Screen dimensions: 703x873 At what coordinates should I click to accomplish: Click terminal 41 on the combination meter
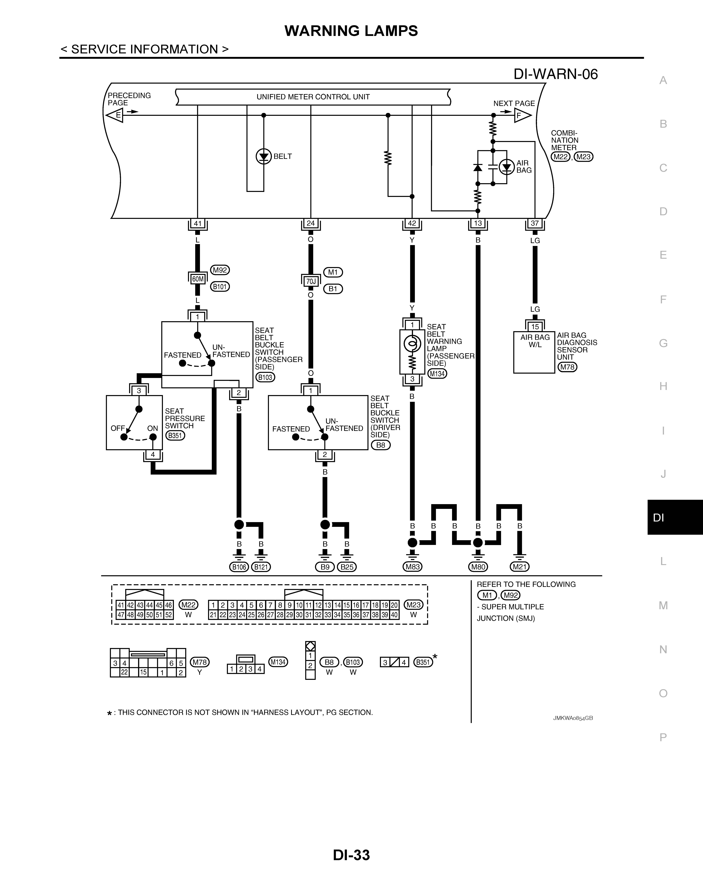click(x=198, y=223)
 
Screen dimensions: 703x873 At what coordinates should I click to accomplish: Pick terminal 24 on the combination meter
click(x=311, y=223)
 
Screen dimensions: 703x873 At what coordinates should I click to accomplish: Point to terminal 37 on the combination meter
click(x=535, y=223)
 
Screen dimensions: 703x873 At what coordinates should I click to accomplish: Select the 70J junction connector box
click(x=311, y=281)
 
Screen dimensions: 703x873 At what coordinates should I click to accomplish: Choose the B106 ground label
click(x=239, y=567)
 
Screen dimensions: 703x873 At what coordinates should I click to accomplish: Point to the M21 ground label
click(x=520, y=567)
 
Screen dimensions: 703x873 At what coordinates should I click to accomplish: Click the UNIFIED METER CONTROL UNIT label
click(x=313, y=97)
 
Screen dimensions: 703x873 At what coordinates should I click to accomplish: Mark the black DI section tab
click(x=675, y=517)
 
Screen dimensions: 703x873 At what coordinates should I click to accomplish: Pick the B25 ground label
click(x=347, y=567)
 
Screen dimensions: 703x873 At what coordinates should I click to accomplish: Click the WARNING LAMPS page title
click(x=351, y=31)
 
